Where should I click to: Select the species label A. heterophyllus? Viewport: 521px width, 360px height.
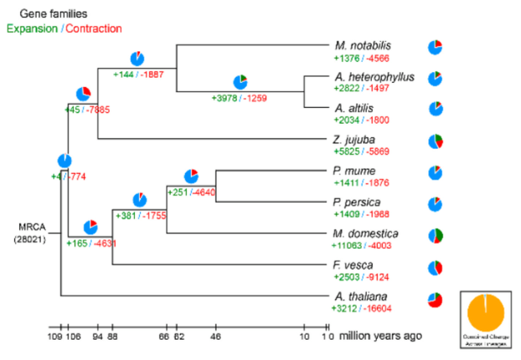[x=374, y=76]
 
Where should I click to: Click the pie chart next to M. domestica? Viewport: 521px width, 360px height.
[x=435, y=235]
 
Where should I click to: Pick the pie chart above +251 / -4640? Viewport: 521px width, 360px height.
[x=191, y=176]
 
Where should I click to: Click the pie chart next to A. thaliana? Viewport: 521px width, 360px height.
[x=435, y=299]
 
